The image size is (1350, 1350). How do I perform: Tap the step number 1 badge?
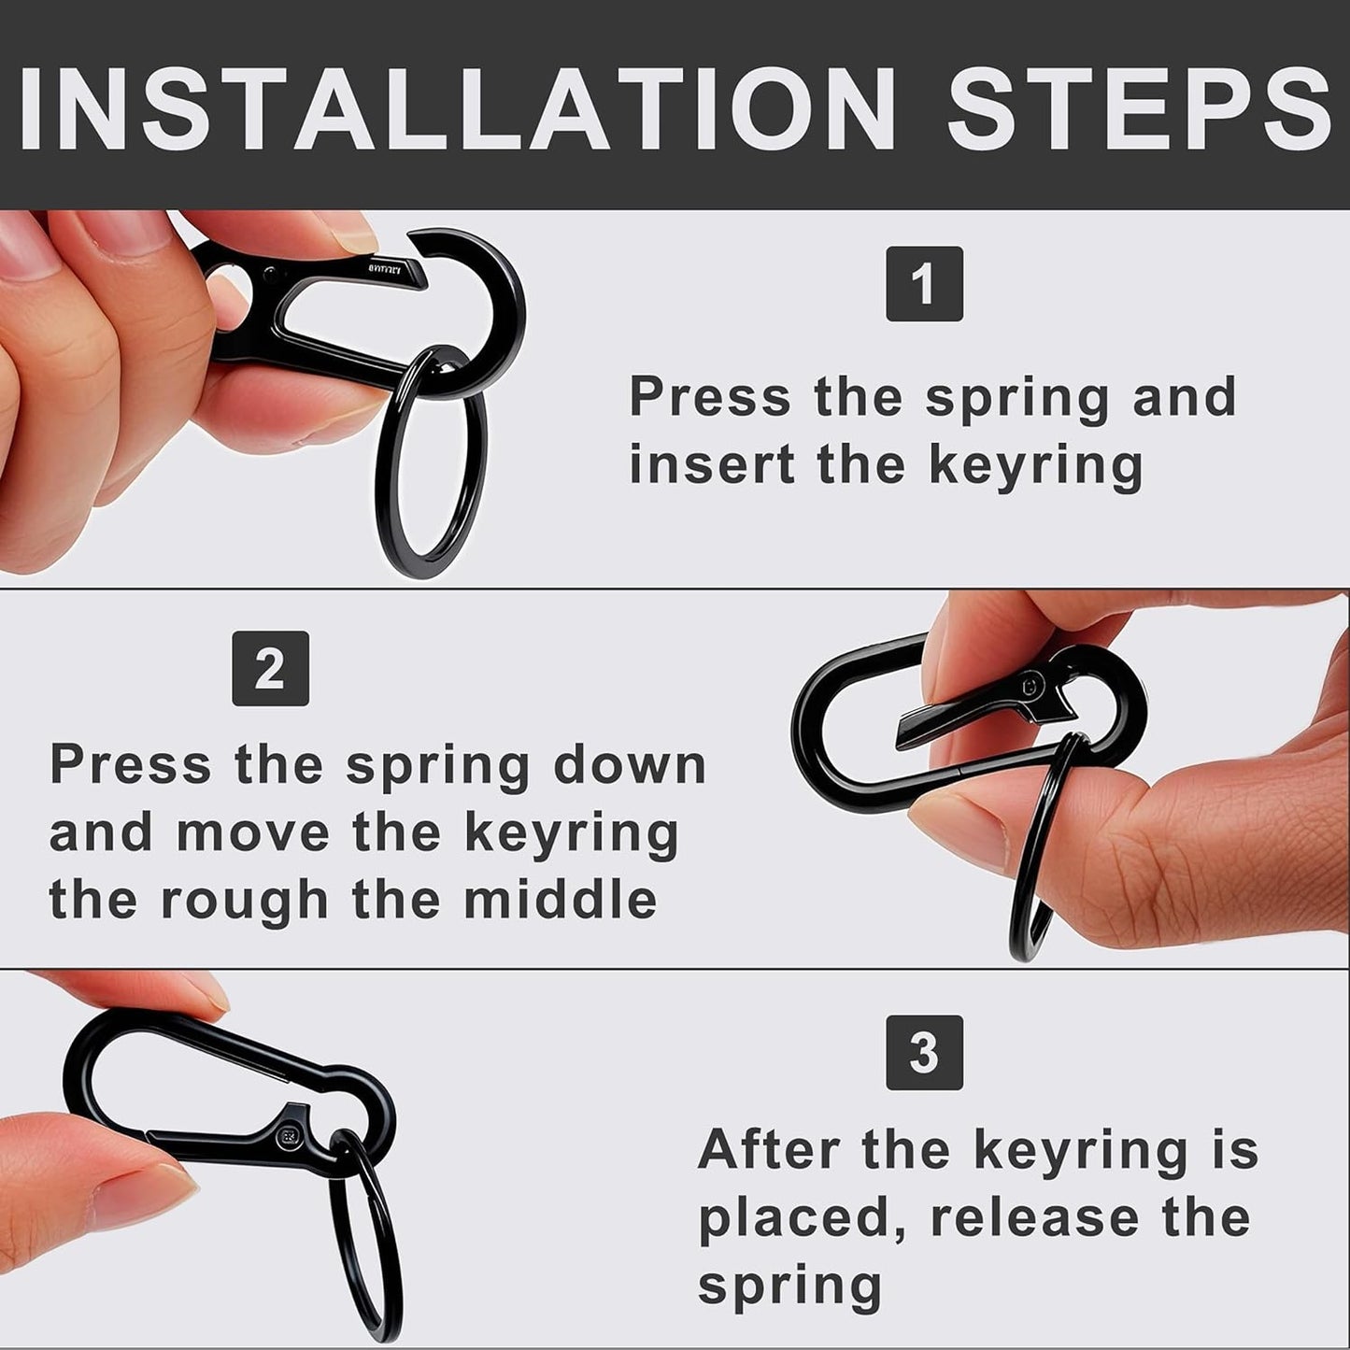(x=924, y=284)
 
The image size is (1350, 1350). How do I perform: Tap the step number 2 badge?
(x=270, y=669)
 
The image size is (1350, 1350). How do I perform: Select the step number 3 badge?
(x=924, y=1053)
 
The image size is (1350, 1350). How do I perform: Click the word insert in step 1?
(x=713, y=464)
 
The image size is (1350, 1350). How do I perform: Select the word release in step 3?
(x=1034, y=1217)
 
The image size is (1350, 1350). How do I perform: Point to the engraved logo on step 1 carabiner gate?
(x=384, y=269)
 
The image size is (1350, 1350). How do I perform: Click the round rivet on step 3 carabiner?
(x=286, y=1136)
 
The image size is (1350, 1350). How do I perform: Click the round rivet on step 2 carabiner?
(x=1030, y=686)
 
